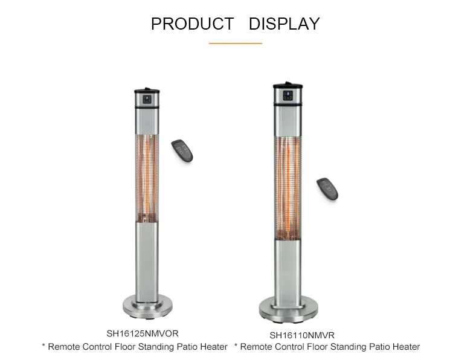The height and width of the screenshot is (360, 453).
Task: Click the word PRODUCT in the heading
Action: pyautogui.click(x=192, y=24)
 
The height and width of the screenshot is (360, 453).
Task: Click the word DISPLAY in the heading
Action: pyautogui.click(x=284, y=24)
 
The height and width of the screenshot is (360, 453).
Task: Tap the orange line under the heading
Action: pyautogui.click(x=235, y=43)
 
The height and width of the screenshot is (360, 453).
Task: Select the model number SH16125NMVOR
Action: pyautogui.click(x=143, y=333)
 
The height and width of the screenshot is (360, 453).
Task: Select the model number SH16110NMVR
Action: pyautogui.click(x=302, y=335)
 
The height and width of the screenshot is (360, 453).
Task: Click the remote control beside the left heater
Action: pyautogui.click(x=182, y=150)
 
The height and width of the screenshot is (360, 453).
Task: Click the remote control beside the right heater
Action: pyautogui.click(x=327, y=188)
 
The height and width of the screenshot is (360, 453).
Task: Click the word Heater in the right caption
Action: pyautogui.click(x=404, y=347)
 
